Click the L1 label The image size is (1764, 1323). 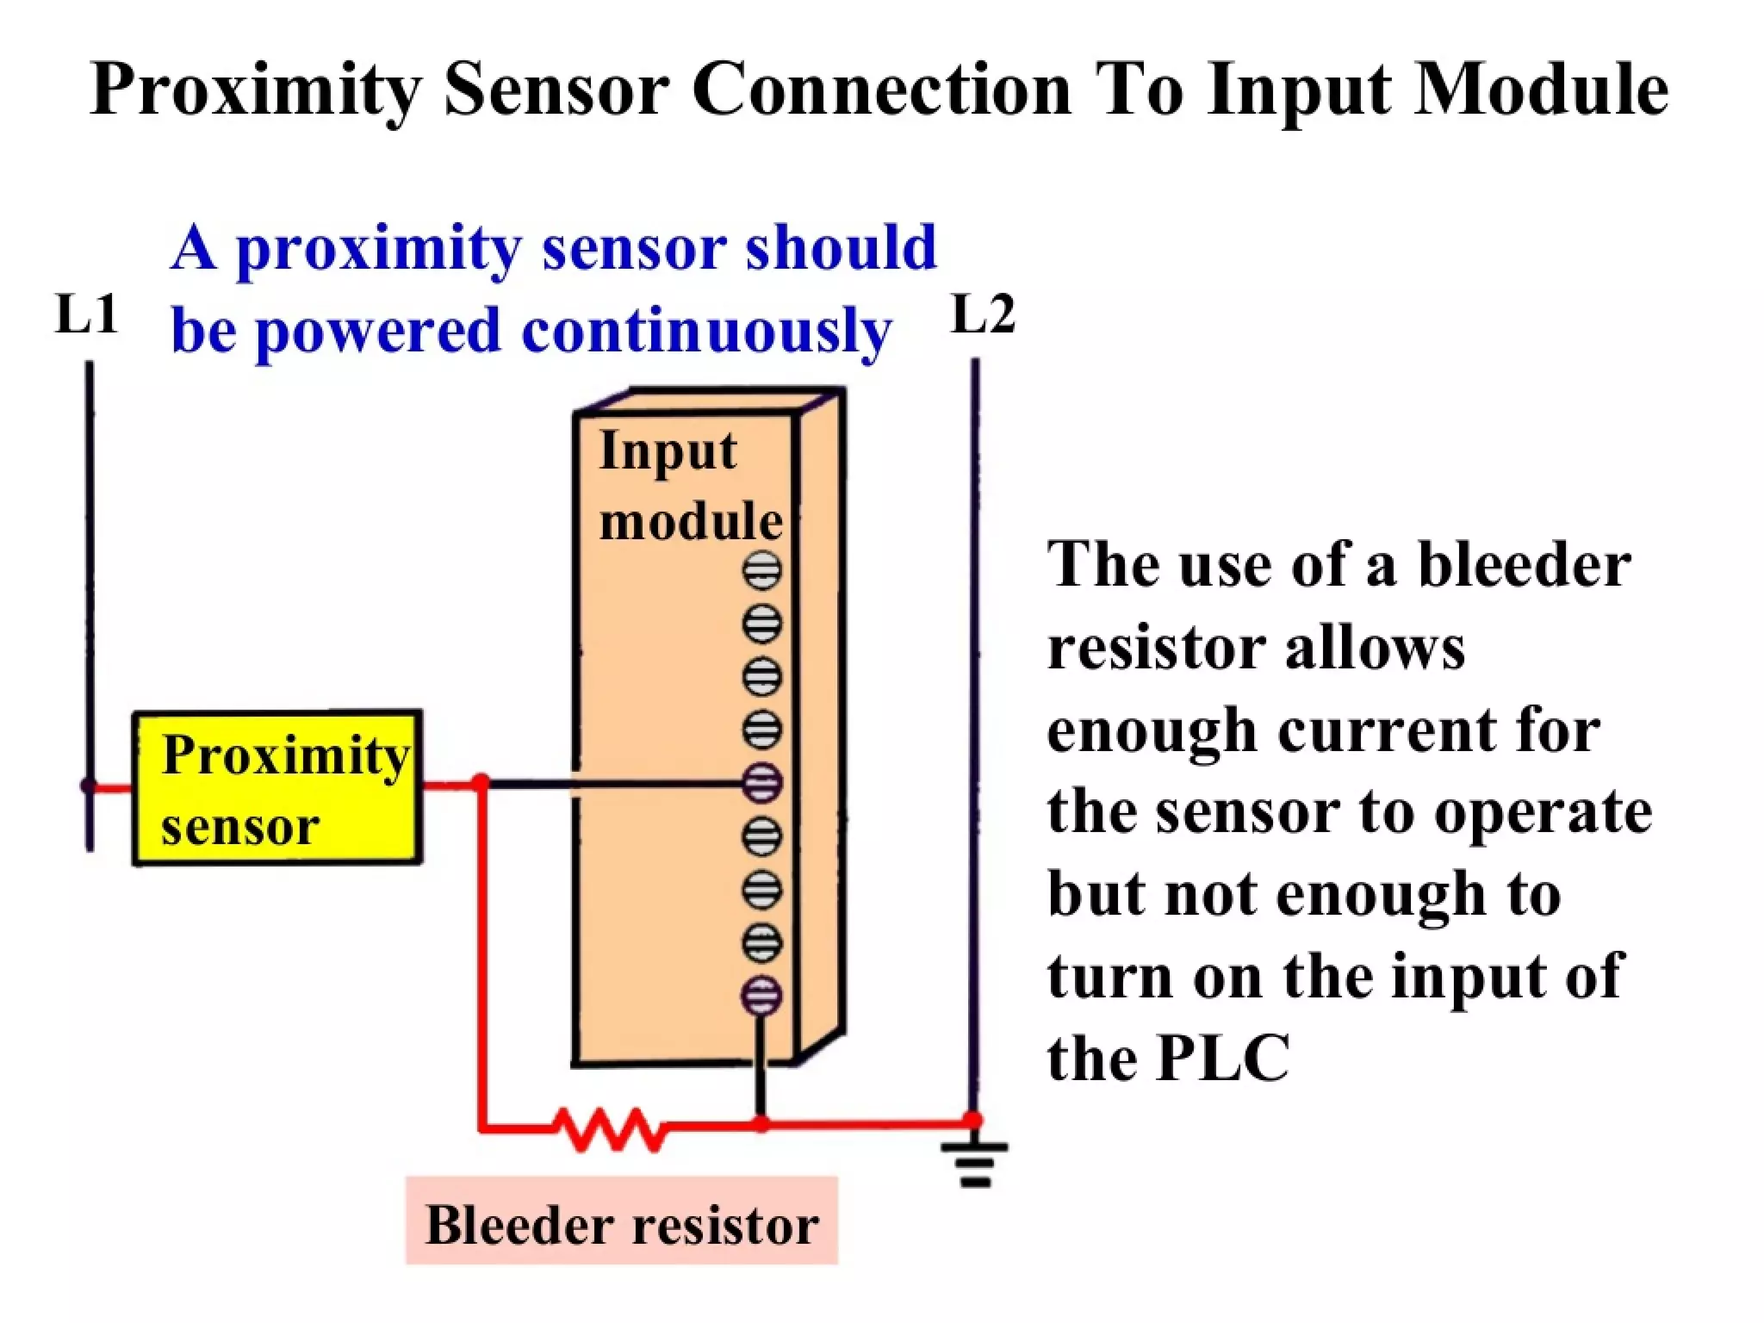pyautogui.click(x=86, y=314)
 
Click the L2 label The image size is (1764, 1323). pyautogui.click(x=983, y=314)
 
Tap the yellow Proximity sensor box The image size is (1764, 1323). pyautogui.click(x=276, y=787)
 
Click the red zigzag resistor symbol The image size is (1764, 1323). pyautogui.click(x=609, y=1128)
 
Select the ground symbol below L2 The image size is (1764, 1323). pyautogui.click(x=974, y=1164)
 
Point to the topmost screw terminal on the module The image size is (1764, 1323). pyautogui.click(x=761, y=570)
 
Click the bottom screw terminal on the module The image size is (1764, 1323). pyautogui.click(x=761, y=996)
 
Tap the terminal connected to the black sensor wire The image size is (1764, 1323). pyautogui.click(x=761, y=783)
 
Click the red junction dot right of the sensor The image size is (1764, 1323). pyautogui.click(x=481, y=782)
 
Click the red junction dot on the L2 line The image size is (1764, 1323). pyautogui.click(x=973, y=1120)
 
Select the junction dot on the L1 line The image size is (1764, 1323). pyautogui.click(x=89, y=786)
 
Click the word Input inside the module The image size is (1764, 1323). pyautogui.click(x=668, y=451)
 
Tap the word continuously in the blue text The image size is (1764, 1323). pyautogui.click(x=706, y=331)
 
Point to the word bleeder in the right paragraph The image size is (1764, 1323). pyautogui.click(x=1524, y=565)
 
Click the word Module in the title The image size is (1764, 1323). pyautogui.click(x=1541, y=90)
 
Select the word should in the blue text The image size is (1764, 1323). pyautogui.click(x=840, y=248)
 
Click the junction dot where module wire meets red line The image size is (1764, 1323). pyautogui.click(x=761, y=1123)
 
